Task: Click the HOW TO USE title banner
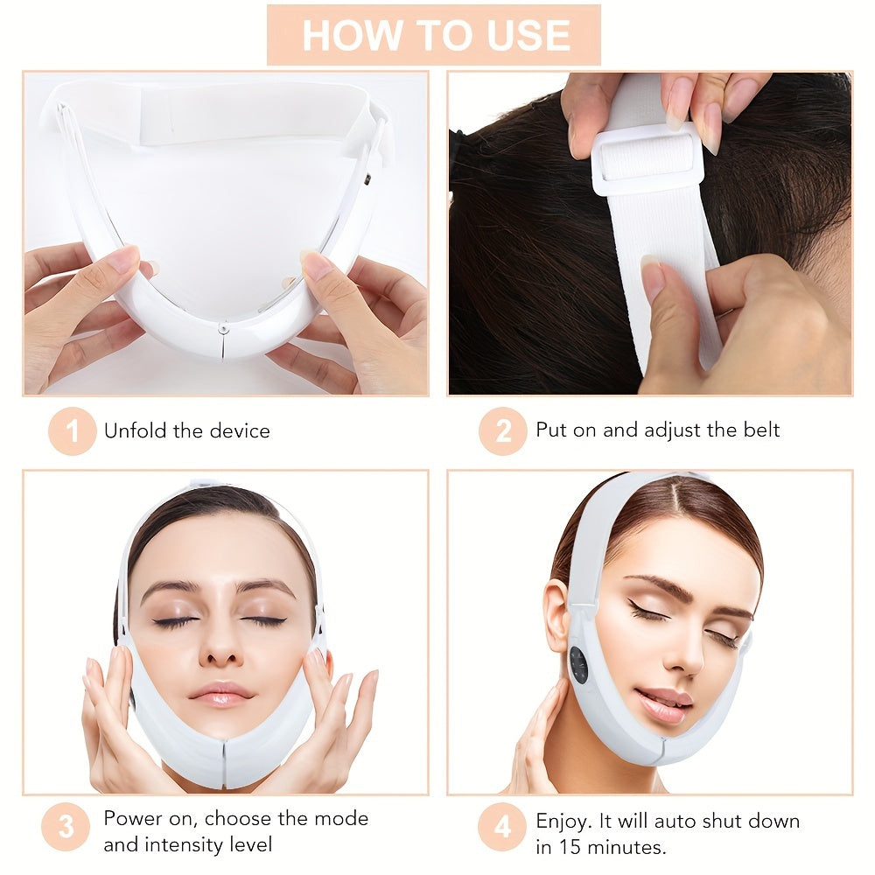tap(434, 35)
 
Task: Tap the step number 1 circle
tap(72, 430)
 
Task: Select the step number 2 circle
tap(502, 430)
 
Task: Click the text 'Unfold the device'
tap(187, 430)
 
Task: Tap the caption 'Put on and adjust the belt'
tap(657, 430)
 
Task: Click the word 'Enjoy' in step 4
tap(563, 821)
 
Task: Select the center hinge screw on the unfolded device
tap(224, 329)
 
